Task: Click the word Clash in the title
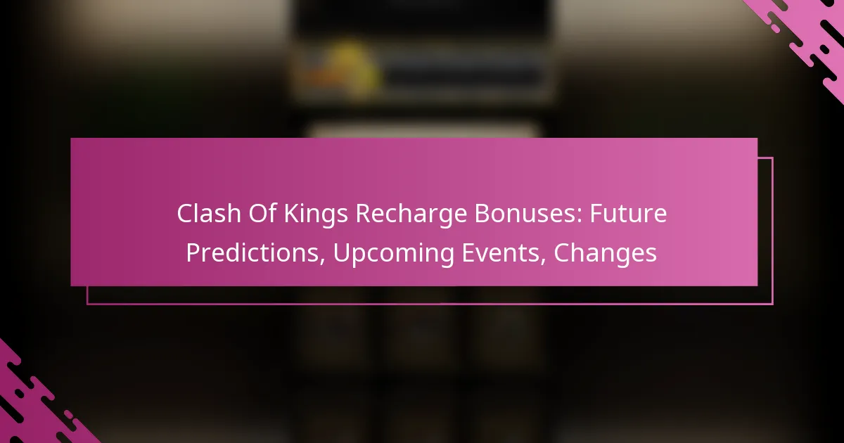point(209,214)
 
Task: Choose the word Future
point(629,214)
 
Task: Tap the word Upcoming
point(393,255)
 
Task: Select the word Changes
point(605,255)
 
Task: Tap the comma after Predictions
point(322,261)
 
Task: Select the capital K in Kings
point(292,214)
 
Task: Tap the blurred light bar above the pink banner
point(424,131)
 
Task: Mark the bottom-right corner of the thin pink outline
point(773,304)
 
